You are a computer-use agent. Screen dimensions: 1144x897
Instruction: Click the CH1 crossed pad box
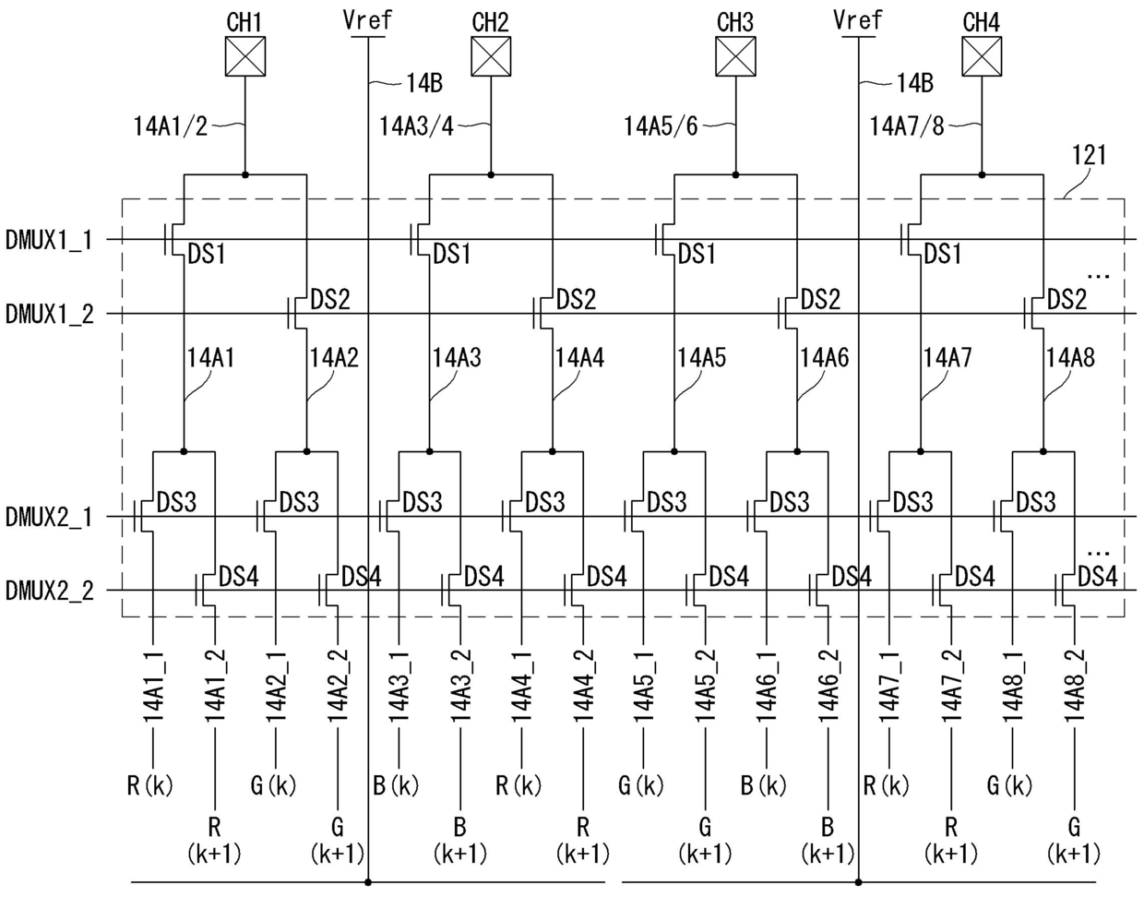244,56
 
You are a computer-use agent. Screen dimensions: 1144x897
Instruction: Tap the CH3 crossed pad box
735,56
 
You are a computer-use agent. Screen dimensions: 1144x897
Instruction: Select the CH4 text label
982,22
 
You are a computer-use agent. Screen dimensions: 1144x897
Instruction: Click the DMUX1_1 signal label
49,240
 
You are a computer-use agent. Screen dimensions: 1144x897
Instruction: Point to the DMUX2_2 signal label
49,591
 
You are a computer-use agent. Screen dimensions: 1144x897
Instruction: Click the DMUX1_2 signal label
49,315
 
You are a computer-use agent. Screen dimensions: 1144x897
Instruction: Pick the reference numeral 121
1090,155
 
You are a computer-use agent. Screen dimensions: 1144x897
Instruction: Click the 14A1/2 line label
171,126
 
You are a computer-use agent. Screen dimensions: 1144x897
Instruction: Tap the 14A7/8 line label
907,126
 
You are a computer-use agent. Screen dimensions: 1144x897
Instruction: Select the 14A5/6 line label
661,126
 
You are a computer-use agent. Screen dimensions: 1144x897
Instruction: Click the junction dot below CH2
491,174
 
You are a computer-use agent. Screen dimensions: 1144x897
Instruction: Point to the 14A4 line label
580,358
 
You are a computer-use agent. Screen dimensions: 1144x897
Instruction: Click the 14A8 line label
1070,358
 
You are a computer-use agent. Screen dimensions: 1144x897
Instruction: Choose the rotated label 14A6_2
828,687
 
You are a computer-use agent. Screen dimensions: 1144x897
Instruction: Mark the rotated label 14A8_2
1075,687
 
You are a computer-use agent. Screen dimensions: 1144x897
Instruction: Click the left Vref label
367,20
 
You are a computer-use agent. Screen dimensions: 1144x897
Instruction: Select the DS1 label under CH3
697,255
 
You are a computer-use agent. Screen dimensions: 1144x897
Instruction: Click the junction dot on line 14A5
674,451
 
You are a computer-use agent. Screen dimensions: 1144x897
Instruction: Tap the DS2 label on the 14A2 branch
330,300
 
